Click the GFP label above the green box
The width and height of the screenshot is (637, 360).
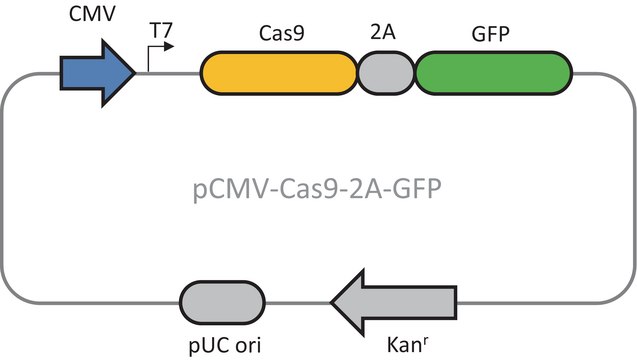pos(492,32)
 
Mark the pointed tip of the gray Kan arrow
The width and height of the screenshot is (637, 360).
pos(331,301)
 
